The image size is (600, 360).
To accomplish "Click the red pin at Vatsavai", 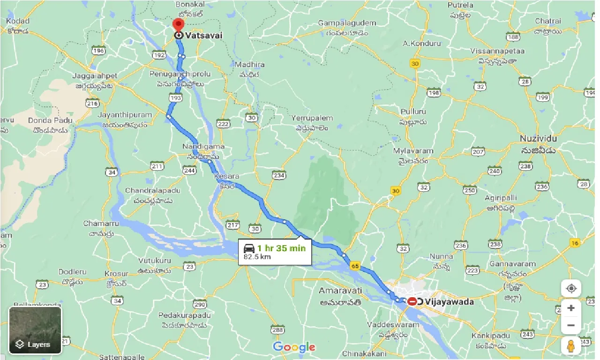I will coord(179,25).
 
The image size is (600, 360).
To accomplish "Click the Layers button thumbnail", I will coord(35,330).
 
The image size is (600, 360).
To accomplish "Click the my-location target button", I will coord(571,288).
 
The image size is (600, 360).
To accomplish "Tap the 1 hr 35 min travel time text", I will coord(281,248).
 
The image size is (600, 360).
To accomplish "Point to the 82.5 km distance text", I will coord(257,257).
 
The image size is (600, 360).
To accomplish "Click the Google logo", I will coord(294,347).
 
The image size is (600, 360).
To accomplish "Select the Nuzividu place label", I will coord(538,139).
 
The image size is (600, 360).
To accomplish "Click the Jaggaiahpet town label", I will coord(94,75).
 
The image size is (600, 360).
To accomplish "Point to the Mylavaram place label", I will coord(413,151).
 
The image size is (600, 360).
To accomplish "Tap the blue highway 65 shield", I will coord(355,266).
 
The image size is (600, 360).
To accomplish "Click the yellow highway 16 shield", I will coord(575,242).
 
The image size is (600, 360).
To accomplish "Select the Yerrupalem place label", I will coord(312,118).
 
